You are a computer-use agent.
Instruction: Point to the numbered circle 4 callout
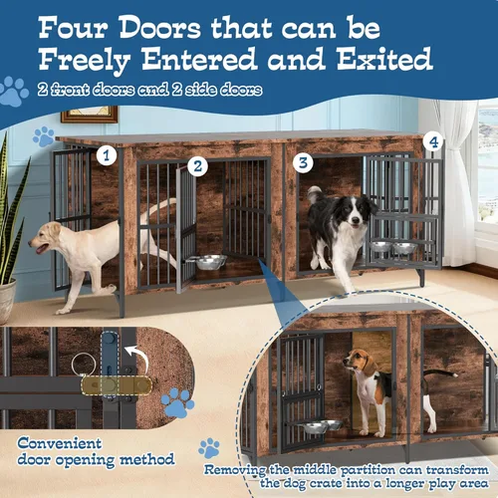click(431, 141)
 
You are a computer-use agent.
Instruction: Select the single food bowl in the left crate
click(210, 262)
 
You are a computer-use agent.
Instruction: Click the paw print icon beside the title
click(13, 92)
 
